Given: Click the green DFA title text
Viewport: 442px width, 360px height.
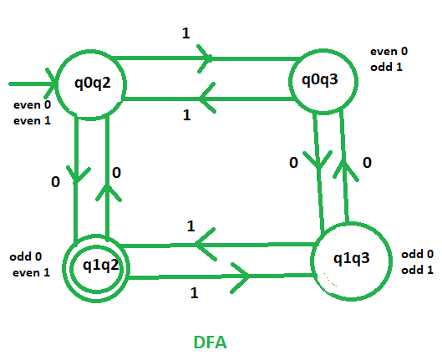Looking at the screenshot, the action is tap(210, 342).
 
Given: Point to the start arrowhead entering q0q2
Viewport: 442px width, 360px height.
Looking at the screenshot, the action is tap(51, 84).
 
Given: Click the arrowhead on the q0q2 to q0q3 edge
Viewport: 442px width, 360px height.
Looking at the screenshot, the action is tap(205, 58).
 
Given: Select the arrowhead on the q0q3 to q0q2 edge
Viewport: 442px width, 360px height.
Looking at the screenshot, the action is tap(207, 98).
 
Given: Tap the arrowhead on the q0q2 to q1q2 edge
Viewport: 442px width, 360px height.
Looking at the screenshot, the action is tap(78, 175).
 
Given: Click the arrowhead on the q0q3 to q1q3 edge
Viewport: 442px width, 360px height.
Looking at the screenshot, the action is tap(318, 160).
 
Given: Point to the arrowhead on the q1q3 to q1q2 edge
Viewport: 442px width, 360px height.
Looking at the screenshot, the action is tap(205, 244).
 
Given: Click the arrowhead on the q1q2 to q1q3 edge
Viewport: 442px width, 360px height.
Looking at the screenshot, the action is tap(240, 278).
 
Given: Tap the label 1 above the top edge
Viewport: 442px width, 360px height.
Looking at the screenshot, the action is tap(185, 33).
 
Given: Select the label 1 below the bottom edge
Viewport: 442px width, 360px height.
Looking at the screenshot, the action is tap(194, 293).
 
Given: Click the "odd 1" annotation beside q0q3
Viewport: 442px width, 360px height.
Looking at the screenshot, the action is tap(386, 67).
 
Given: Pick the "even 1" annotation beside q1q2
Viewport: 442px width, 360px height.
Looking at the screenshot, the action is tap(31, 272).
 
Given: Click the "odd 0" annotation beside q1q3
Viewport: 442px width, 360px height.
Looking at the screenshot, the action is tap(417, 254).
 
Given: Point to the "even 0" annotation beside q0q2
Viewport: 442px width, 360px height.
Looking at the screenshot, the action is tap(32, 104).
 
